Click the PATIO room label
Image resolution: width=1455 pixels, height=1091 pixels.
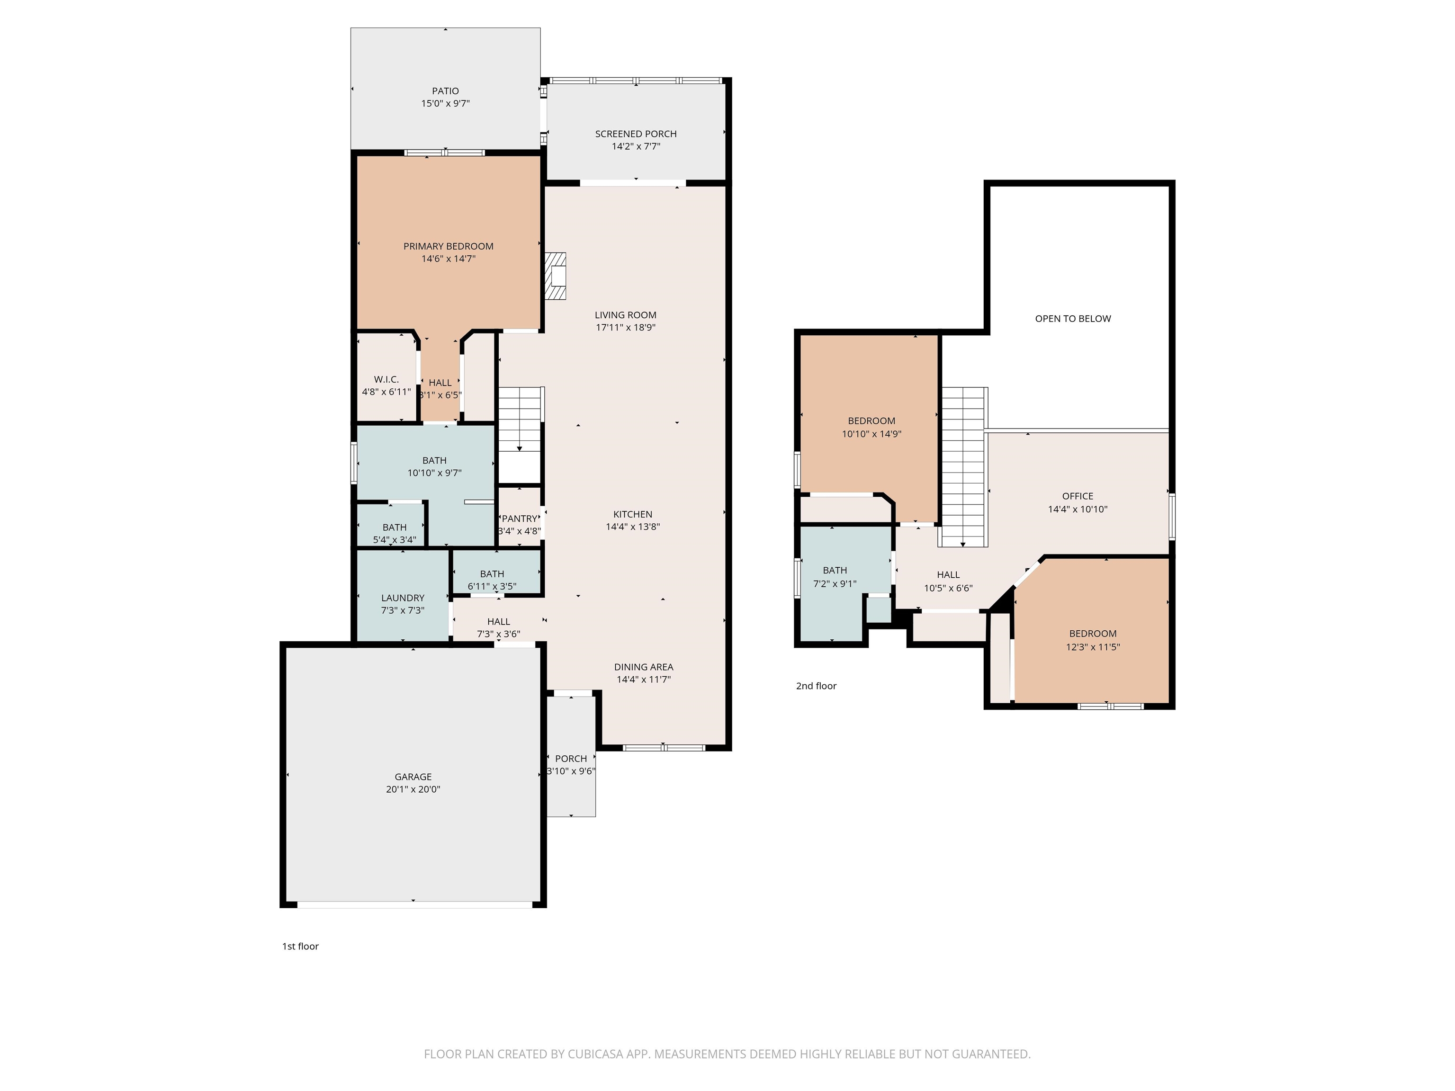(445, 91)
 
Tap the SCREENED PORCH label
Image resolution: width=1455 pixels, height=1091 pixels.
(636, 134)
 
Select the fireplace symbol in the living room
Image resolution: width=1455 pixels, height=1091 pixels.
(555, 276)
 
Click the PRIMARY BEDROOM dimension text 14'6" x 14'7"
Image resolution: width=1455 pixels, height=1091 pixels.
(448, 259)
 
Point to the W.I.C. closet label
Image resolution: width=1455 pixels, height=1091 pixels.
(386, 379)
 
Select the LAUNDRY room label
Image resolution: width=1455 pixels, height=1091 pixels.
(403, 598)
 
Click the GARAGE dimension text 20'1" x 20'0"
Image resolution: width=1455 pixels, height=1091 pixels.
(413, 789)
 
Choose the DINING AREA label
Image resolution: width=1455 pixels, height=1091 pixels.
(643, 667)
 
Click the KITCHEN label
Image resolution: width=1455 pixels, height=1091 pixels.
(633, 514)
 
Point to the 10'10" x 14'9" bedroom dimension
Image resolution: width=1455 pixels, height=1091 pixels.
(871, 434)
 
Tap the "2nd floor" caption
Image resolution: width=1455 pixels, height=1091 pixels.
(816, 686)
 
